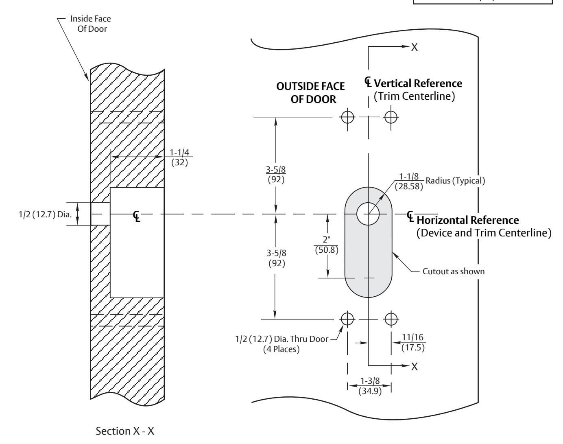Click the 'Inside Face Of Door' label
91,24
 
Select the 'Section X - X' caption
125,431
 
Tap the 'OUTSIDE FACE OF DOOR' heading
310,93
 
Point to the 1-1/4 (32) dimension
179,157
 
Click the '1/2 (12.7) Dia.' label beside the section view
45,214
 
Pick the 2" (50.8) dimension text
327,245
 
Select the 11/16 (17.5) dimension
413,342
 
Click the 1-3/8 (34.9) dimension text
370,386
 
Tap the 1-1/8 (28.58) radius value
409,182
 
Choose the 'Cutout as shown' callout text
454,271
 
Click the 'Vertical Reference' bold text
418,83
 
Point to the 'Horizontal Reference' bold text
467,220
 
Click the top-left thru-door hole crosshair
347,117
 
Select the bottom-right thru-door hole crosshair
391,319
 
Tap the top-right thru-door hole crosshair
391,117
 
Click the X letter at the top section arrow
415,47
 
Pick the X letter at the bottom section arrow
415,367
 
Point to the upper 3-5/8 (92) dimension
276,174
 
